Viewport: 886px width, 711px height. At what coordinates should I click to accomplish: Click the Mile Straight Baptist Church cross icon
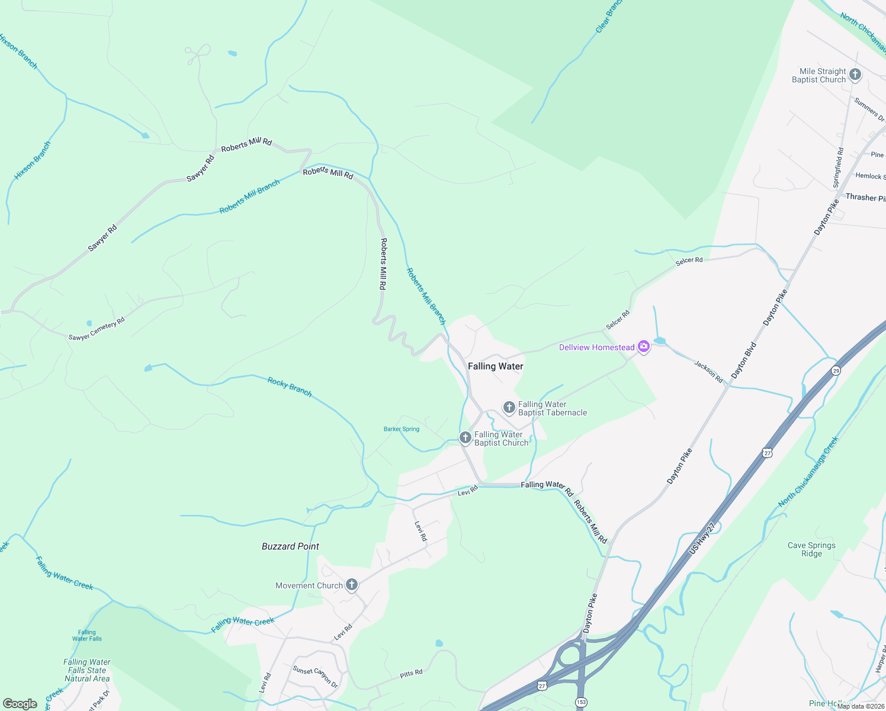click(x=855, y=75)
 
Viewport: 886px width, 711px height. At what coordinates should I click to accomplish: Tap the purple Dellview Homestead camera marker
click(x=644, y=347)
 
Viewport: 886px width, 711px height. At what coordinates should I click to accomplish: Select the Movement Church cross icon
click(x=352, y=585)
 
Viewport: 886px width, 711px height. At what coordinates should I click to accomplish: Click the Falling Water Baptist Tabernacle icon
click(x=509, y=408)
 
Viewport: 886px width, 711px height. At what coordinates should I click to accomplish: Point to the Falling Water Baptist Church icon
click(x=466, y=438)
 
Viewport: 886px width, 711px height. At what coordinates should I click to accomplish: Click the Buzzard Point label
click(x=290, y=546)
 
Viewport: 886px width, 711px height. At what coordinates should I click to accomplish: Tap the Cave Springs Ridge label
click(x=811, y=549)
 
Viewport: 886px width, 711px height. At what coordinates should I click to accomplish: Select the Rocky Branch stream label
click(x=290, y=387)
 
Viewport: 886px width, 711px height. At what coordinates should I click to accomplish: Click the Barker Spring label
click(x=402, y=429)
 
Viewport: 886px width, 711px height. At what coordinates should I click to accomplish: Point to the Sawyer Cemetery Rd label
click(x=97, y=329)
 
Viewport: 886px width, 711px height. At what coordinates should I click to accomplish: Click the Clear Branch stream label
click(x=608, y=17)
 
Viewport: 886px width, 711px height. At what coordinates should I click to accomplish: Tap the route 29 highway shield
click(x=836, y=371)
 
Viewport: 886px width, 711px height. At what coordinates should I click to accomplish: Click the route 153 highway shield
click(x=582, y=702)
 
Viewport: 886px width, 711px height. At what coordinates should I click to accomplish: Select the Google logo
click(x=20, y=704)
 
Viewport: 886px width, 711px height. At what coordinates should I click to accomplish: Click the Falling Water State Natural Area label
click(x=87, y=670)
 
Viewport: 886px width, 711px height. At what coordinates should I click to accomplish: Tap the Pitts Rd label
click(x=411, y=674)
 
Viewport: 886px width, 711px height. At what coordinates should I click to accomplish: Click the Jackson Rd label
click(x=708, y=371)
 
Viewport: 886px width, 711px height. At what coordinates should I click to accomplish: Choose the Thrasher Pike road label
click(x=865, y=197)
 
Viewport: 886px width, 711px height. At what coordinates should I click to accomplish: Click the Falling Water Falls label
click(x=87, y=635)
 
